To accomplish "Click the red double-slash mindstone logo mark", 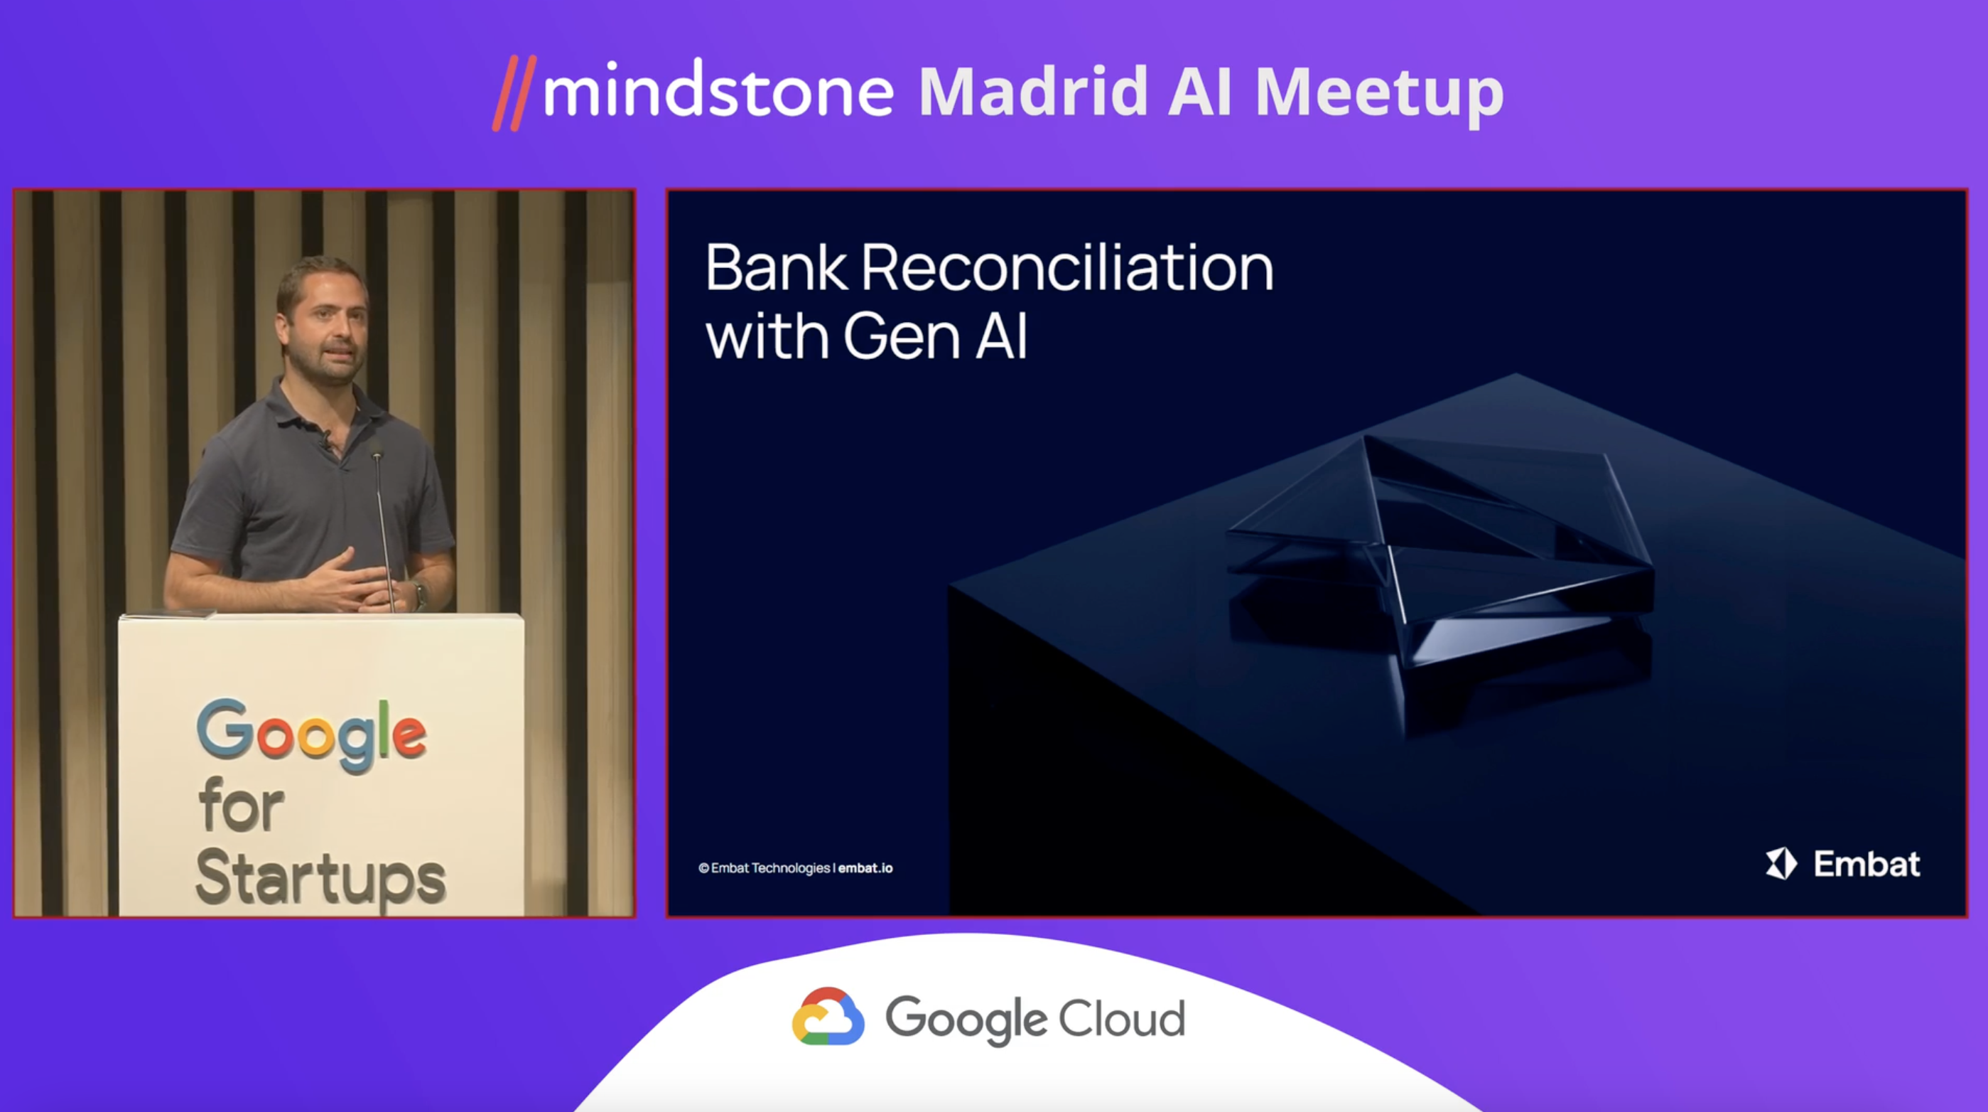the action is pos(514,92).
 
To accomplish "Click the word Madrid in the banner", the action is pos(1032,91).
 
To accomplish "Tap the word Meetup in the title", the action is pos(1379,95).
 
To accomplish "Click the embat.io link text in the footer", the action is pos(865,868).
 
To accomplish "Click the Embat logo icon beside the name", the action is pos(1781,863).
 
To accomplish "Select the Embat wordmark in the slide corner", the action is pos(1866,864).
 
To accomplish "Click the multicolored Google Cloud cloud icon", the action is pos(828,1016).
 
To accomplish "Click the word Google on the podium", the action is pos(312,735).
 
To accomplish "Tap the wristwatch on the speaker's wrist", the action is pos(420,594).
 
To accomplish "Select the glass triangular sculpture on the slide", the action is pos(1439,548).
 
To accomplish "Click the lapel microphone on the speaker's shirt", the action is pos(328,442).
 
